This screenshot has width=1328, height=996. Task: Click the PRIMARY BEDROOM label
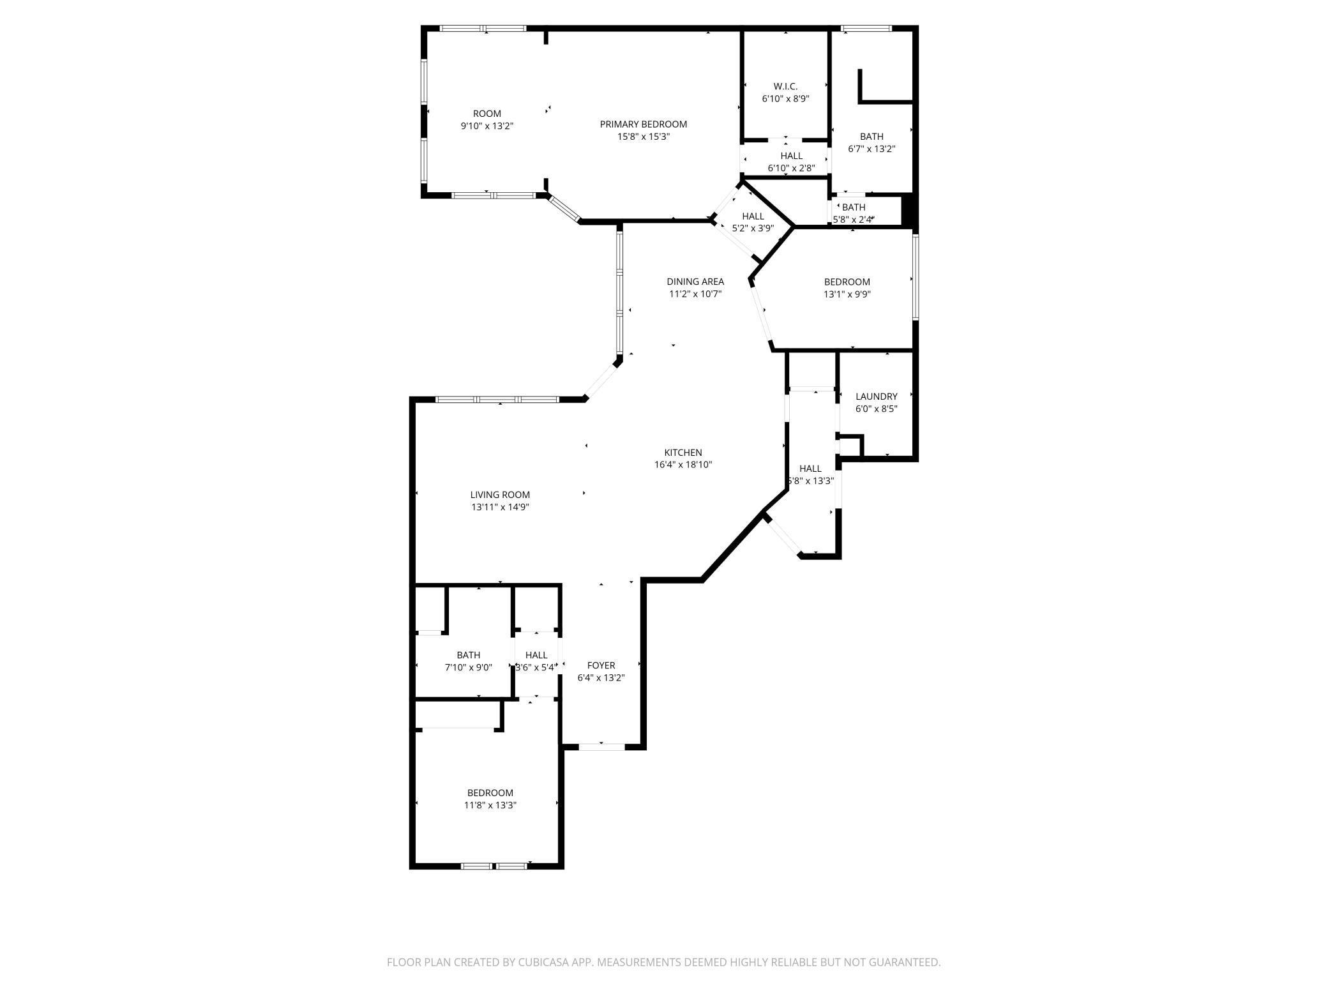click(643, 124)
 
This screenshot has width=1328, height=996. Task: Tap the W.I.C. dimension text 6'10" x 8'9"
click(785, 99)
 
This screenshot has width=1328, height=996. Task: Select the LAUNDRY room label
click(876, 396)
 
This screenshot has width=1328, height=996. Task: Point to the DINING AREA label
click(695, 282)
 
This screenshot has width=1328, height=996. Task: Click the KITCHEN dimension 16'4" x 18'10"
click(683, 465)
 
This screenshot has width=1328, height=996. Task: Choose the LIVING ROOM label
click(500, 495)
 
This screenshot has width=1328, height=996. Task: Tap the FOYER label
click(601, 665)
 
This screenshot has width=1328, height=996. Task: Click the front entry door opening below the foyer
click(601, 746)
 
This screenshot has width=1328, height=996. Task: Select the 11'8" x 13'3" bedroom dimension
click(490, 806)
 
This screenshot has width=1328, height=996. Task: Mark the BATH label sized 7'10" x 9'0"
click(468, 655)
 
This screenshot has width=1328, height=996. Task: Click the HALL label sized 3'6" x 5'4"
click(536, 655)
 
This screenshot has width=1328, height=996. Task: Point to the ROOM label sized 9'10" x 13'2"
click(487, 114)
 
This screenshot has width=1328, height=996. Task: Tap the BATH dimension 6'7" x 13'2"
click(871, 149)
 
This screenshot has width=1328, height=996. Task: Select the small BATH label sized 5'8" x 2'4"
click(854, 207)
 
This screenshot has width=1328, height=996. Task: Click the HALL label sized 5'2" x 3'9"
click(753, 216)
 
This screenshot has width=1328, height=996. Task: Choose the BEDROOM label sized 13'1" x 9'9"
click(847, 282)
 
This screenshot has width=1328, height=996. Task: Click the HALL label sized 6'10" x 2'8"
click(791, 156)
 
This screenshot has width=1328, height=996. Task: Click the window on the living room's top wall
click(498, 400)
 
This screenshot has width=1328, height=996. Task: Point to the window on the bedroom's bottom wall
click(494, 866)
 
